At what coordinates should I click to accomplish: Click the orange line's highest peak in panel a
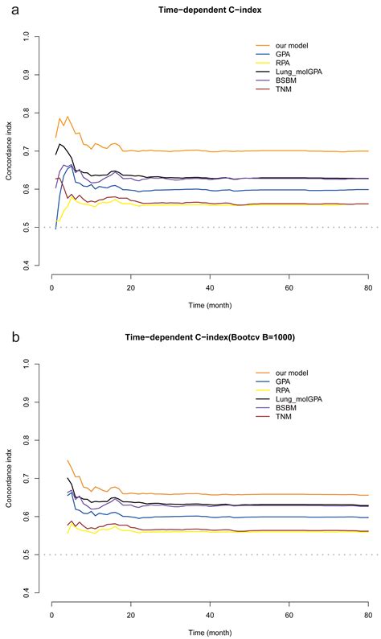pos(68,117)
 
